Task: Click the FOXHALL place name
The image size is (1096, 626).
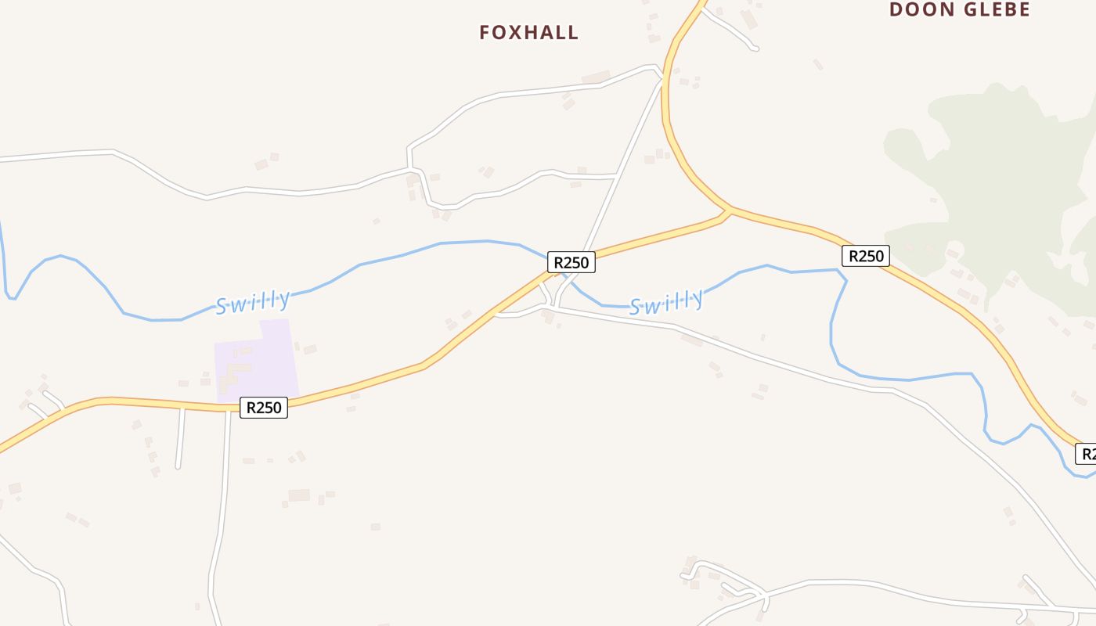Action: pos(529,33)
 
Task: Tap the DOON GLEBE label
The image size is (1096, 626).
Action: pos(960,9)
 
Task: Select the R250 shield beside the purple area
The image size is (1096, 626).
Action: pos(264,408)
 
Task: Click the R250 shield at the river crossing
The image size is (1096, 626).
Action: pos(571,262)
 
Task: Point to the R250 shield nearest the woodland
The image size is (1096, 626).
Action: pos(866,256)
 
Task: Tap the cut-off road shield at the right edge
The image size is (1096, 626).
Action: pos(1087,453)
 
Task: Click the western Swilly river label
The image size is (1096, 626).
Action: pos(253,302)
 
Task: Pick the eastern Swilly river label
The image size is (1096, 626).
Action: pos(666,301)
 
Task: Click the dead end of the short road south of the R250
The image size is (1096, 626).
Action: pos(178,466)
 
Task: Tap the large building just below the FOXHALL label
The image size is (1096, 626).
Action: pos(596,77)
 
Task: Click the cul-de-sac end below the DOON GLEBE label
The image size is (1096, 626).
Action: pos(755,49)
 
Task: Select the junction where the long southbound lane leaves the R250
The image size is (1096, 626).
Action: pos(229,408)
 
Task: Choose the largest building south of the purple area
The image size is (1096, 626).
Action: pos(299,495)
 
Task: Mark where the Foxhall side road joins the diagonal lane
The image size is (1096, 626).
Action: pos(617,174)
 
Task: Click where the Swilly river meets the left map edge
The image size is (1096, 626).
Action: pos(1,223)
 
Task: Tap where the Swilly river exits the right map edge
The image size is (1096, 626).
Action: pos(1094,473)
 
